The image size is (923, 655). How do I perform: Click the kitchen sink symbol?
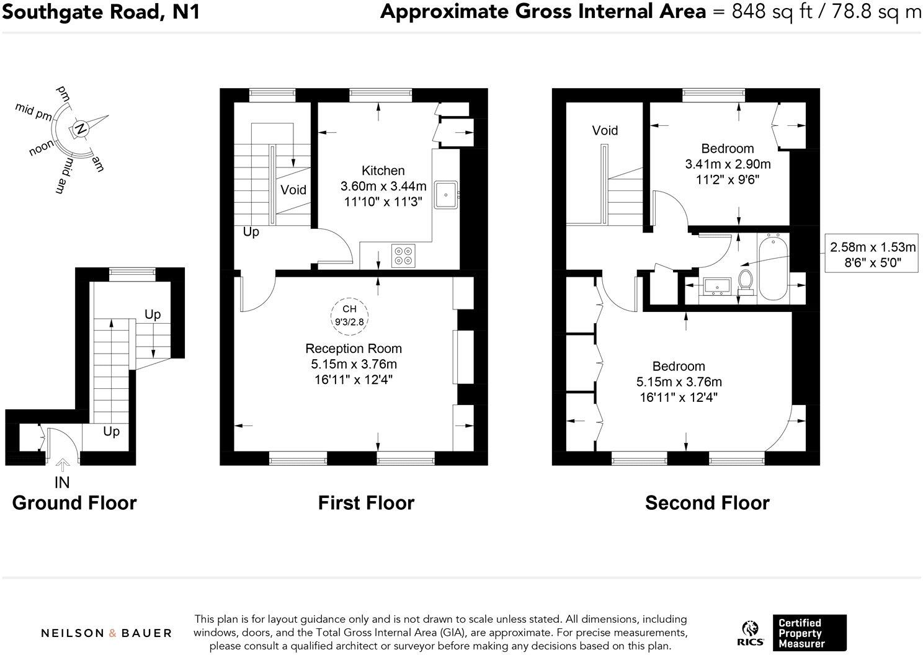[x=446, y=194]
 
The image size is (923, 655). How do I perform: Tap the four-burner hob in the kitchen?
[x=403, y=256]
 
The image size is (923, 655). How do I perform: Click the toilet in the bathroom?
[x=746, y=280]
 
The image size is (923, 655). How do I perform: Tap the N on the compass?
[x=79, y=129]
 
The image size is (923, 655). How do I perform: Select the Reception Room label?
[x=354, y=349]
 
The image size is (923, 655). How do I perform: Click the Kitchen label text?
[x=383, y=171]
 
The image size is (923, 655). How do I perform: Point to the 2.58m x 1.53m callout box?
[x=873, y=254]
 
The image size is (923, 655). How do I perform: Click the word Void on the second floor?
[x=605, y=130]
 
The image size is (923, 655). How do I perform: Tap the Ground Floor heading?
[x=74, y=502]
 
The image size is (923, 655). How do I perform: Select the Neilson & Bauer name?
[x=106, y=633]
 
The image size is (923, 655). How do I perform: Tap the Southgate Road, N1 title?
[x=100, y=12]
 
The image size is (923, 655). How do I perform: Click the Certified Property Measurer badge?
[x=809, y=633]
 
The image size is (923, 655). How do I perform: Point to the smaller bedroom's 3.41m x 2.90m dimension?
[x=728, y=164]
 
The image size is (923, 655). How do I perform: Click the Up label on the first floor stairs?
[x=251, y=232]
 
